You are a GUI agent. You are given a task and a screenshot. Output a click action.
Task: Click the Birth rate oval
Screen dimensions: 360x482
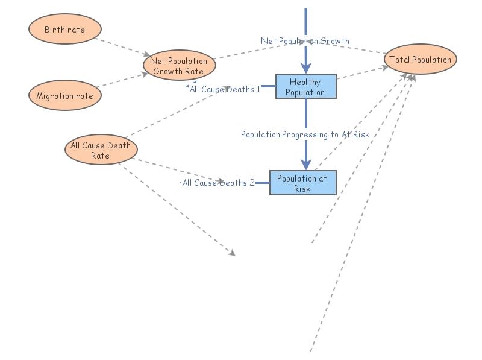point(65,30)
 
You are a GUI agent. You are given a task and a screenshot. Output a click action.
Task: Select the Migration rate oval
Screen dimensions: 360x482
point(65,95)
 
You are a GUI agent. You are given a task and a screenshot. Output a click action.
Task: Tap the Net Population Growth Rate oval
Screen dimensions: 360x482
point(179,66)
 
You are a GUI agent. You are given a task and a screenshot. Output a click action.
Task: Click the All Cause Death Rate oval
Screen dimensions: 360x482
point(100,150)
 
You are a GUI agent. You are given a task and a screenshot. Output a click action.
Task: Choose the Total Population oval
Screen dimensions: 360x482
point(421,60)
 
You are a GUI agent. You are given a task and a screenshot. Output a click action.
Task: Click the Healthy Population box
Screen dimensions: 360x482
point(305,87)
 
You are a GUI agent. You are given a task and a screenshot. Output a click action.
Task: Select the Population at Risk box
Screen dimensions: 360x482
point(302,183)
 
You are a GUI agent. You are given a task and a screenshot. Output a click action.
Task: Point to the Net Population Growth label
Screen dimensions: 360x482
point(305,41)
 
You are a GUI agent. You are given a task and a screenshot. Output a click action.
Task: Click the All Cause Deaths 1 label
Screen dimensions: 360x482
point(225,89)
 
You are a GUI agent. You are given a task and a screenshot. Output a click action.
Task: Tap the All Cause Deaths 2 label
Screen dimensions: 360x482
point(218,183)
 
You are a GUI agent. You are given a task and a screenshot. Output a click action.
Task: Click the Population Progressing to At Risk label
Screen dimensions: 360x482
point(305,134)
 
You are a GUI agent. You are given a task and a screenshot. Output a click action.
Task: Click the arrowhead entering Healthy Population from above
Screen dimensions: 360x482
point(306,68)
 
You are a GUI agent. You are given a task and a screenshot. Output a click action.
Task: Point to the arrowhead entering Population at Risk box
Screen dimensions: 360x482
point(306,165)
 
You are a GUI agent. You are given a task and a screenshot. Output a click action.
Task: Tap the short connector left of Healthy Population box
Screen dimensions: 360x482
point(268,86)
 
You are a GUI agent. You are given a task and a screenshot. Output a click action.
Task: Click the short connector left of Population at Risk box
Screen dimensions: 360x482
point(262,183)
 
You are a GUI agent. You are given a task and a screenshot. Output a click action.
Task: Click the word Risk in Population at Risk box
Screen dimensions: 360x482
point(302,188)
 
